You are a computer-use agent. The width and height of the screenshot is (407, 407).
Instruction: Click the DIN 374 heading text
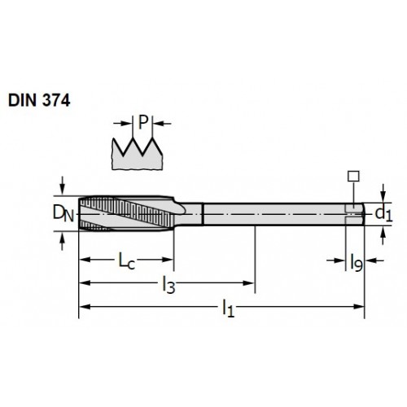(x=39, y=100)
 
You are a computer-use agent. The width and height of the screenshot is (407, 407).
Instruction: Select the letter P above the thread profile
(x=143, y=122)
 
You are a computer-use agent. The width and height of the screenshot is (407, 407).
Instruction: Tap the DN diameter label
(x=63, y=213)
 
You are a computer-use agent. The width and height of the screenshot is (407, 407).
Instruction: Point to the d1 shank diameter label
(x=383, y=214)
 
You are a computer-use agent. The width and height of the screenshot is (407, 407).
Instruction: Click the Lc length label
(x=127, y=260)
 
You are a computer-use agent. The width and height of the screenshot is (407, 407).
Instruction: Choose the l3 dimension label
(x=168, y=285)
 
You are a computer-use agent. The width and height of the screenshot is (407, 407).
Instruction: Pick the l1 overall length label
(x=228, y=309)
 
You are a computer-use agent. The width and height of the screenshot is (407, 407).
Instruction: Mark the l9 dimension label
(x=357, y=262)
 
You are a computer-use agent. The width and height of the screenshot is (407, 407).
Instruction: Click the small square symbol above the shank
(x=353, y=176)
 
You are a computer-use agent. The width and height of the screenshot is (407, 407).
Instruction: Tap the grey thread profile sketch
(x=138, y=154)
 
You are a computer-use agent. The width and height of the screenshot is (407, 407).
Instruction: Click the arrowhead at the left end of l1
(x=85, y=307)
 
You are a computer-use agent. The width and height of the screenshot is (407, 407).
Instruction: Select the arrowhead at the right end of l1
(x=358, y=307)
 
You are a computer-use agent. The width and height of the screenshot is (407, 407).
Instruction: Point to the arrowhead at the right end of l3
(x=248, y=283)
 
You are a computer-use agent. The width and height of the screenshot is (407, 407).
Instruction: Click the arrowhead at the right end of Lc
(x=168, y=260)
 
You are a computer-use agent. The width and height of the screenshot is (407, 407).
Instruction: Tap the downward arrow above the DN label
(x=63, y=186)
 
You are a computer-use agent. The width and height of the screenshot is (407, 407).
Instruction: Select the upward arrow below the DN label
(x=63, y=242)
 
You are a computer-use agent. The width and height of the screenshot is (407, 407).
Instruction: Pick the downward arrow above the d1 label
(x=383, y=193)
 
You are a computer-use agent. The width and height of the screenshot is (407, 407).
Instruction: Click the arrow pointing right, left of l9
(x=335, y=260)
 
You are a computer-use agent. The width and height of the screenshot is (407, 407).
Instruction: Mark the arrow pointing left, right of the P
(x=162, y=124)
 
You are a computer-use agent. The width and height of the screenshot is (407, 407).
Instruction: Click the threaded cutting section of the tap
(x=126, y=213)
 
